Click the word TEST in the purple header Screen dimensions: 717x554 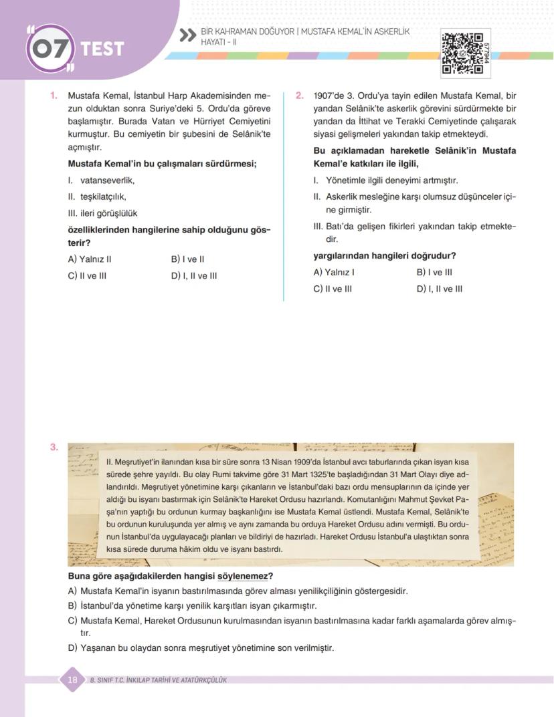point(102,49)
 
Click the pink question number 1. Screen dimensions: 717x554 point(54,96)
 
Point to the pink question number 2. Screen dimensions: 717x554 point(300,96)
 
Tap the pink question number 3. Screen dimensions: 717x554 point(54,448)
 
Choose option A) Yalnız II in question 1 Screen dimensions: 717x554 point(90,259)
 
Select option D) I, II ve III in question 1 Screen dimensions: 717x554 point(194,276)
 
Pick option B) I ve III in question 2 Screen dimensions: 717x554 point(434,273)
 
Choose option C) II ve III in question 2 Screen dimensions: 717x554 point(333,289)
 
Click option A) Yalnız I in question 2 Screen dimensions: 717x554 point(334,273)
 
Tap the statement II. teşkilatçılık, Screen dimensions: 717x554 point(97,197)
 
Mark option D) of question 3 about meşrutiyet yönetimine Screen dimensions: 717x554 point(201,648)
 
